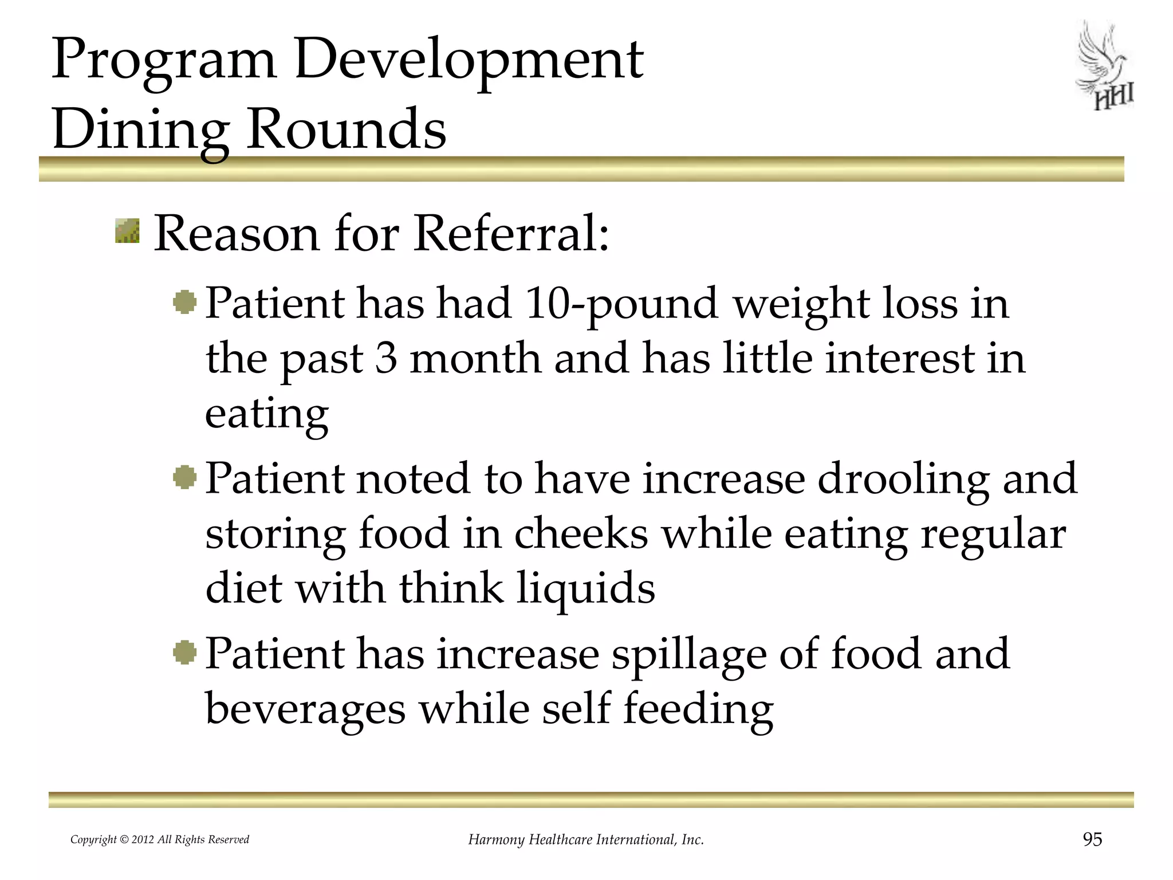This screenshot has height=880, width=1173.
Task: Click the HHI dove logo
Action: [1105, 66]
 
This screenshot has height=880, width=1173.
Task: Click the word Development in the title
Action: [469, 60]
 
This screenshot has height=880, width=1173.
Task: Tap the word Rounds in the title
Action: [346, 128]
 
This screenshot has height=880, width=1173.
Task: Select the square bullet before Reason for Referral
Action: [127, 231]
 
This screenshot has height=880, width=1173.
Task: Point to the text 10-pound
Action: [621, 304]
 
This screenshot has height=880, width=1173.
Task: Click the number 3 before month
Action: [386, 359]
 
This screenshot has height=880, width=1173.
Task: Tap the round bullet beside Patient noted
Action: [184, 477]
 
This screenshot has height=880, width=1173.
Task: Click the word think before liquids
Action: [451, 588]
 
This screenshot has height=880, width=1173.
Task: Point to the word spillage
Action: [688, 654]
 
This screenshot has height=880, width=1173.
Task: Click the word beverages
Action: [305, 709]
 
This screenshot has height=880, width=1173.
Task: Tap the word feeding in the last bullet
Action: [698, 709]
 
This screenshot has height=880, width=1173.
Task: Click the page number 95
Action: [1092, 839]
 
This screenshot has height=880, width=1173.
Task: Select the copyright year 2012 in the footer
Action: [143, 840]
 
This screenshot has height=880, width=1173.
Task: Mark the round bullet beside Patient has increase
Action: [184, 653]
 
